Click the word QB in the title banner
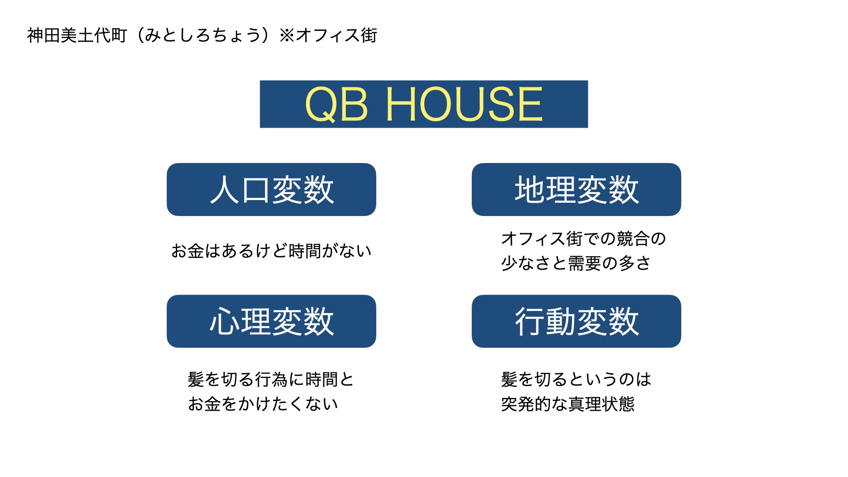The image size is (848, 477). click(x=336, y=104)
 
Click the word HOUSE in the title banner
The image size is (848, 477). click(x=464, y=104)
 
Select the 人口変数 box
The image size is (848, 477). click(x=271, y=189)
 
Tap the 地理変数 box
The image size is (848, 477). click(x=576, y=189)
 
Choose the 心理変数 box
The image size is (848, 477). click(x=271, y=321)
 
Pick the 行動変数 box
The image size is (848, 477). click(x=576, y=321)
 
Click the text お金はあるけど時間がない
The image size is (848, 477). click(x=271, y=250)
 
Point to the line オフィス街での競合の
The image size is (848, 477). click(x=583, y=238)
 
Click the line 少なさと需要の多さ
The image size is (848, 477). click(x=576, y=263)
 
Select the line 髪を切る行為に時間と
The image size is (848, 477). click(x=271, y=379)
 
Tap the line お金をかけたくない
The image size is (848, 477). click(x=263, y=404)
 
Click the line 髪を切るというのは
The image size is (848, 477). click(x=576, y=379)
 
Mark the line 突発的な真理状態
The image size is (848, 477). click(x=568, y=404)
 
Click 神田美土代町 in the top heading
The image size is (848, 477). click(x=77, y=35)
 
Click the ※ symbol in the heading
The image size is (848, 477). click(x=287, y=35)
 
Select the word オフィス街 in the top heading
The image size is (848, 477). click(x=336, y=35)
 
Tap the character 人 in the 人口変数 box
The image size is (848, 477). click(x=225, y=189)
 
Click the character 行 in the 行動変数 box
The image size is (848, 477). click(x=530, y=321)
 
